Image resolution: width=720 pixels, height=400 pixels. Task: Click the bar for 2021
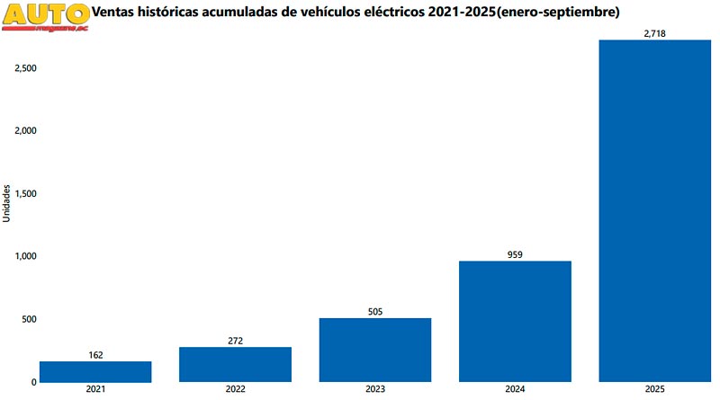point(95,371)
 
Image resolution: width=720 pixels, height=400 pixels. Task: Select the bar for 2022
point(236,364)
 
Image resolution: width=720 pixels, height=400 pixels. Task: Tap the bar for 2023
point(375,350)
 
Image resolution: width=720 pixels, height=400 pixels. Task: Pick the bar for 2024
point(515,321)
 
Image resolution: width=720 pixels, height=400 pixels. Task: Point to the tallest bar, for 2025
point(654,210)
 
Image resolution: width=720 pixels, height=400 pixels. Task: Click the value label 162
point(95,355)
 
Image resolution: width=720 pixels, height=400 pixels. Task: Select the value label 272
point(236,341)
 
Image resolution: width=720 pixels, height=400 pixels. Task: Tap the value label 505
point(375,312)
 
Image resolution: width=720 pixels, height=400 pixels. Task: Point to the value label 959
point(515,254)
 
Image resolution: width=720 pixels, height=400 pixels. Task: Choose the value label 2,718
point(654,33)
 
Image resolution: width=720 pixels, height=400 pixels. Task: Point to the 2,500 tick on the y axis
point(24,68)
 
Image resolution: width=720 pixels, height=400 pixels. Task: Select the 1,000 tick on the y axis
point(24,256)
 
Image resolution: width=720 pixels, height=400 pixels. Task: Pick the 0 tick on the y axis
point(33,382)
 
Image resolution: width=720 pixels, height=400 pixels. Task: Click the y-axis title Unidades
point(7,203)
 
